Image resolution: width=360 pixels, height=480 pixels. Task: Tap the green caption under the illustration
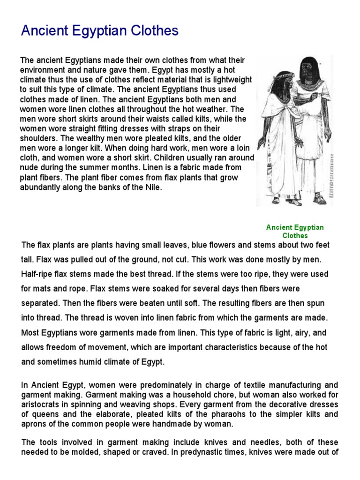point(295,231)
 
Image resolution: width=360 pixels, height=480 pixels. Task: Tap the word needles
point(240,442)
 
